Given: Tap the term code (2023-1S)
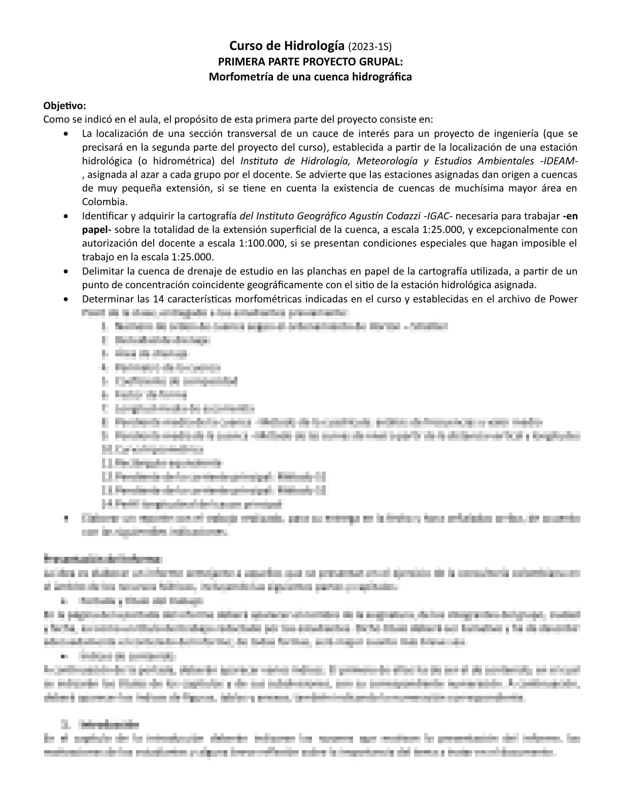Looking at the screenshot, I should point(370,47).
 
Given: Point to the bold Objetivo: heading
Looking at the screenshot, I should point(65,106).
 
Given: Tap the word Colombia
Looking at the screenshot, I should point(105,202).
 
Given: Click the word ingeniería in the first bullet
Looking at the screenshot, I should point(504,133).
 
